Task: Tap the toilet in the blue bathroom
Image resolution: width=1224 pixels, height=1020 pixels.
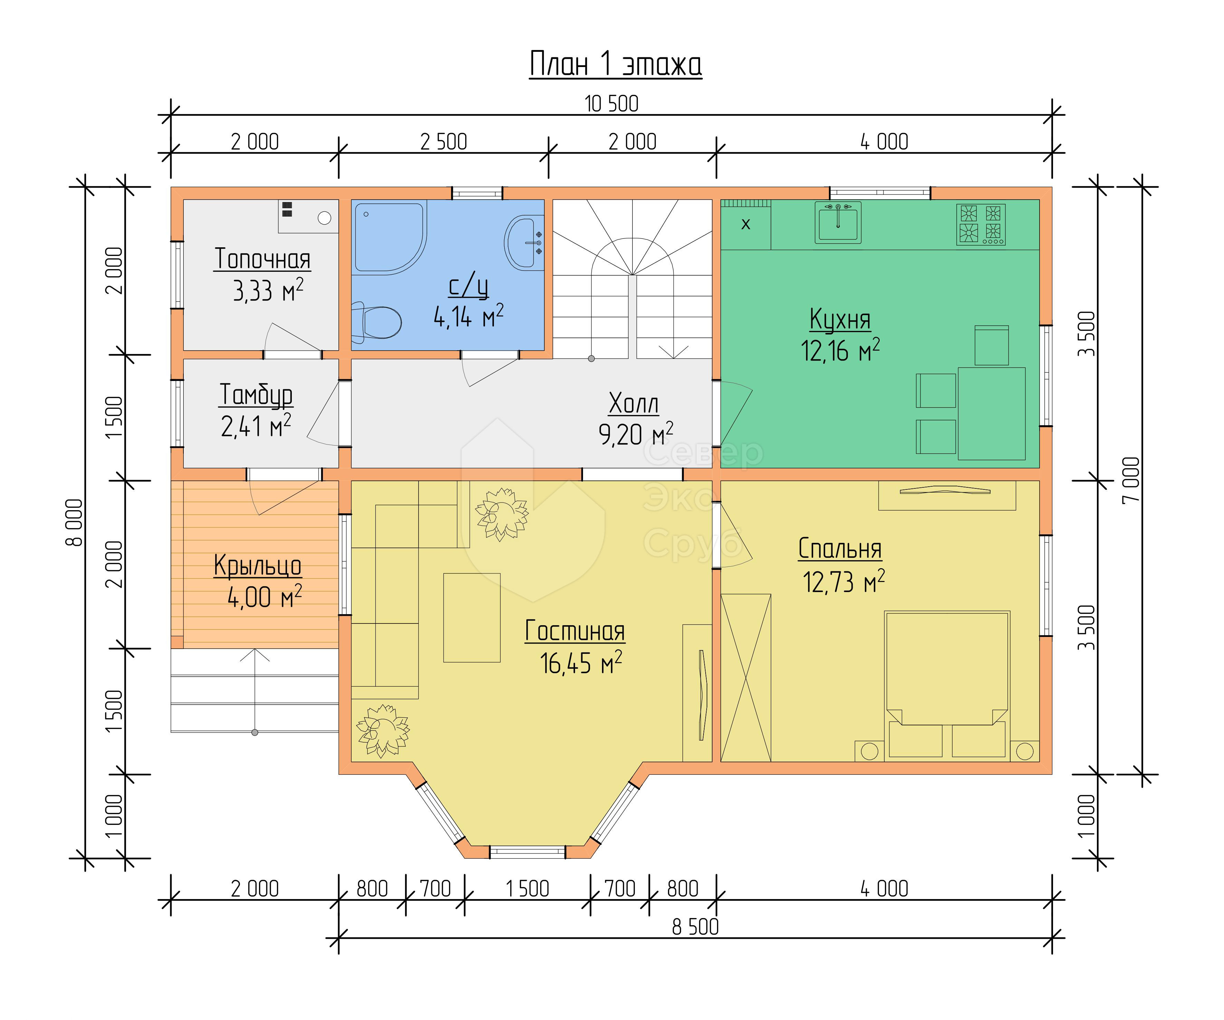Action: pos(377,322)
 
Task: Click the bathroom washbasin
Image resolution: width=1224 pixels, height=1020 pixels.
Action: pos(523,242)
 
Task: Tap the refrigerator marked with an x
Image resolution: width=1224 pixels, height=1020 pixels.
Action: pos(746,225)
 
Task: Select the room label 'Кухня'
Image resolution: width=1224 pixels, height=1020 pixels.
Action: pos(840,320)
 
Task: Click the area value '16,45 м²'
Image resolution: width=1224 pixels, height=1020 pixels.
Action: pos(581,663)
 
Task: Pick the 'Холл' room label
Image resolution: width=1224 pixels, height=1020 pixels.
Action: pos(633,403)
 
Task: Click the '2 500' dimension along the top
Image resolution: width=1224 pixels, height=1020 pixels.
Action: pos(443,142)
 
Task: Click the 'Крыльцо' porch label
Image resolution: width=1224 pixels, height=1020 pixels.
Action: pos(258,566)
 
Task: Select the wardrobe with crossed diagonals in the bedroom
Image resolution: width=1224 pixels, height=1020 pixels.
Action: pos(746,678)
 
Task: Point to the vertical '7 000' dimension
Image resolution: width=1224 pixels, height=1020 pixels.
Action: pos(1131,480)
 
